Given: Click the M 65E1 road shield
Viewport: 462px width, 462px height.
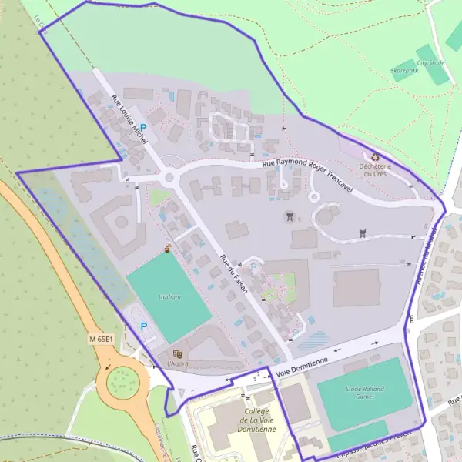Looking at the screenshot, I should coord(100,338).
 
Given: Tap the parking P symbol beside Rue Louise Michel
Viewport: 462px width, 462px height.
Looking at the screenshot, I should coord(142,129).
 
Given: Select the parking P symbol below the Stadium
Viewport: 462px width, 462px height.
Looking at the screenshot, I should coord(143,326).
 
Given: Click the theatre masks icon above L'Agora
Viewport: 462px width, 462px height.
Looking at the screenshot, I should coord(178,353).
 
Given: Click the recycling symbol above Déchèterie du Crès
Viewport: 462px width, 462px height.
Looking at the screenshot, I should coord(375,156).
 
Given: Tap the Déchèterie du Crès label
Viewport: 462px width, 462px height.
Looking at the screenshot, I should coord(376,169).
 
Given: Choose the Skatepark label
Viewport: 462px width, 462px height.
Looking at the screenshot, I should coord(404,70).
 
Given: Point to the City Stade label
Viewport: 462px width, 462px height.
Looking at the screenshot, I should coord(430,62).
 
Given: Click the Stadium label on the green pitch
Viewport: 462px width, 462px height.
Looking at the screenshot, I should coord(169,296).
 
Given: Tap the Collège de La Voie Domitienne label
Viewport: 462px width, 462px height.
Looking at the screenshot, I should coord(258,420).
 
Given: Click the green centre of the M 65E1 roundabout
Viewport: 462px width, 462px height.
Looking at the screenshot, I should coord(122,380).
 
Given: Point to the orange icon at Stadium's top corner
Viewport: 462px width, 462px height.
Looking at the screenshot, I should coord(169,248).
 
